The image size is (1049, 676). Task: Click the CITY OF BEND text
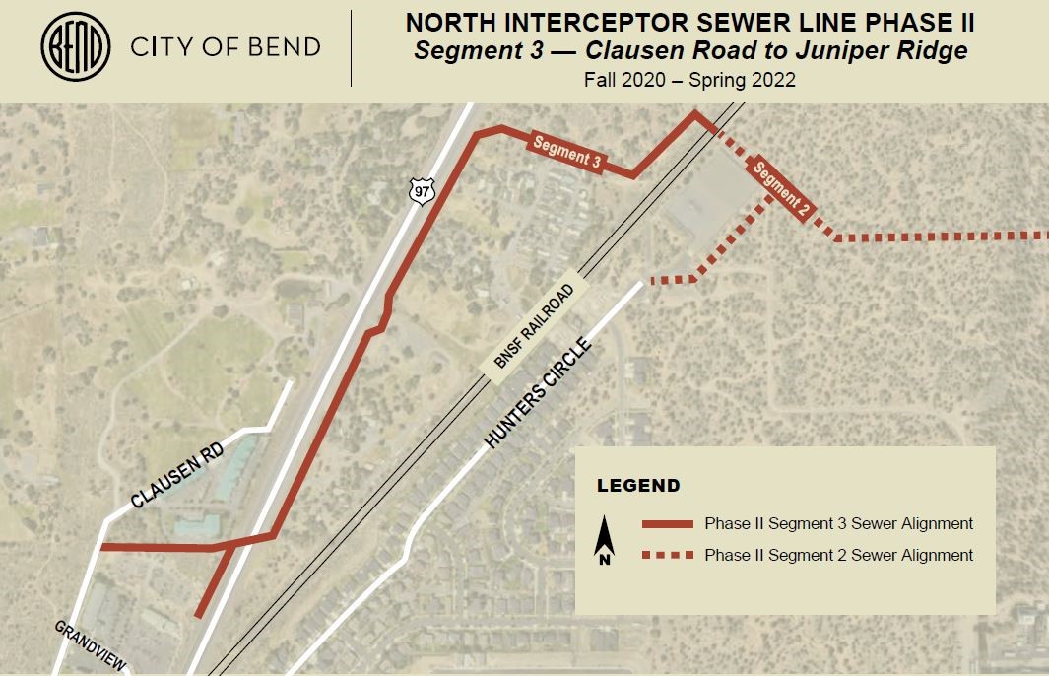pos(226,47)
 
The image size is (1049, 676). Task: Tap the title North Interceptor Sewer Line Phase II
pos(688,23)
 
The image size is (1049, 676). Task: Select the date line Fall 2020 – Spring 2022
pos(688,80)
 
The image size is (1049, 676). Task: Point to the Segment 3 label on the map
pos(566,151)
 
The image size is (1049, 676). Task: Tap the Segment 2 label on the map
pos(782,188)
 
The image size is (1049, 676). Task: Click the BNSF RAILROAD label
pos(534,327)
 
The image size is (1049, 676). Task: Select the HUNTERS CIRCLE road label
pos(538,394)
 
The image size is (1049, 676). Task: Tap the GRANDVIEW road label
pos(91,646)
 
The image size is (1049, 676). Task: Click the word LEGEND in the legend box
pos(638,486)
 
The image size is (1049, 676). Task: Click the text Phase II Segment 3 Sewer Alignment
pos(838,524)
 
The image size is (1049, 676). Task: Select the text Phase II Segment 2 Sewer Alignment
pos(838,556)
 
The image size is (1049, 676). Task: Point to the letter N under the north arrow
pos(606,560)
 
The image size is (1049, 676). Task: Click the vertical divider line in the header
pos(352,47)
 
